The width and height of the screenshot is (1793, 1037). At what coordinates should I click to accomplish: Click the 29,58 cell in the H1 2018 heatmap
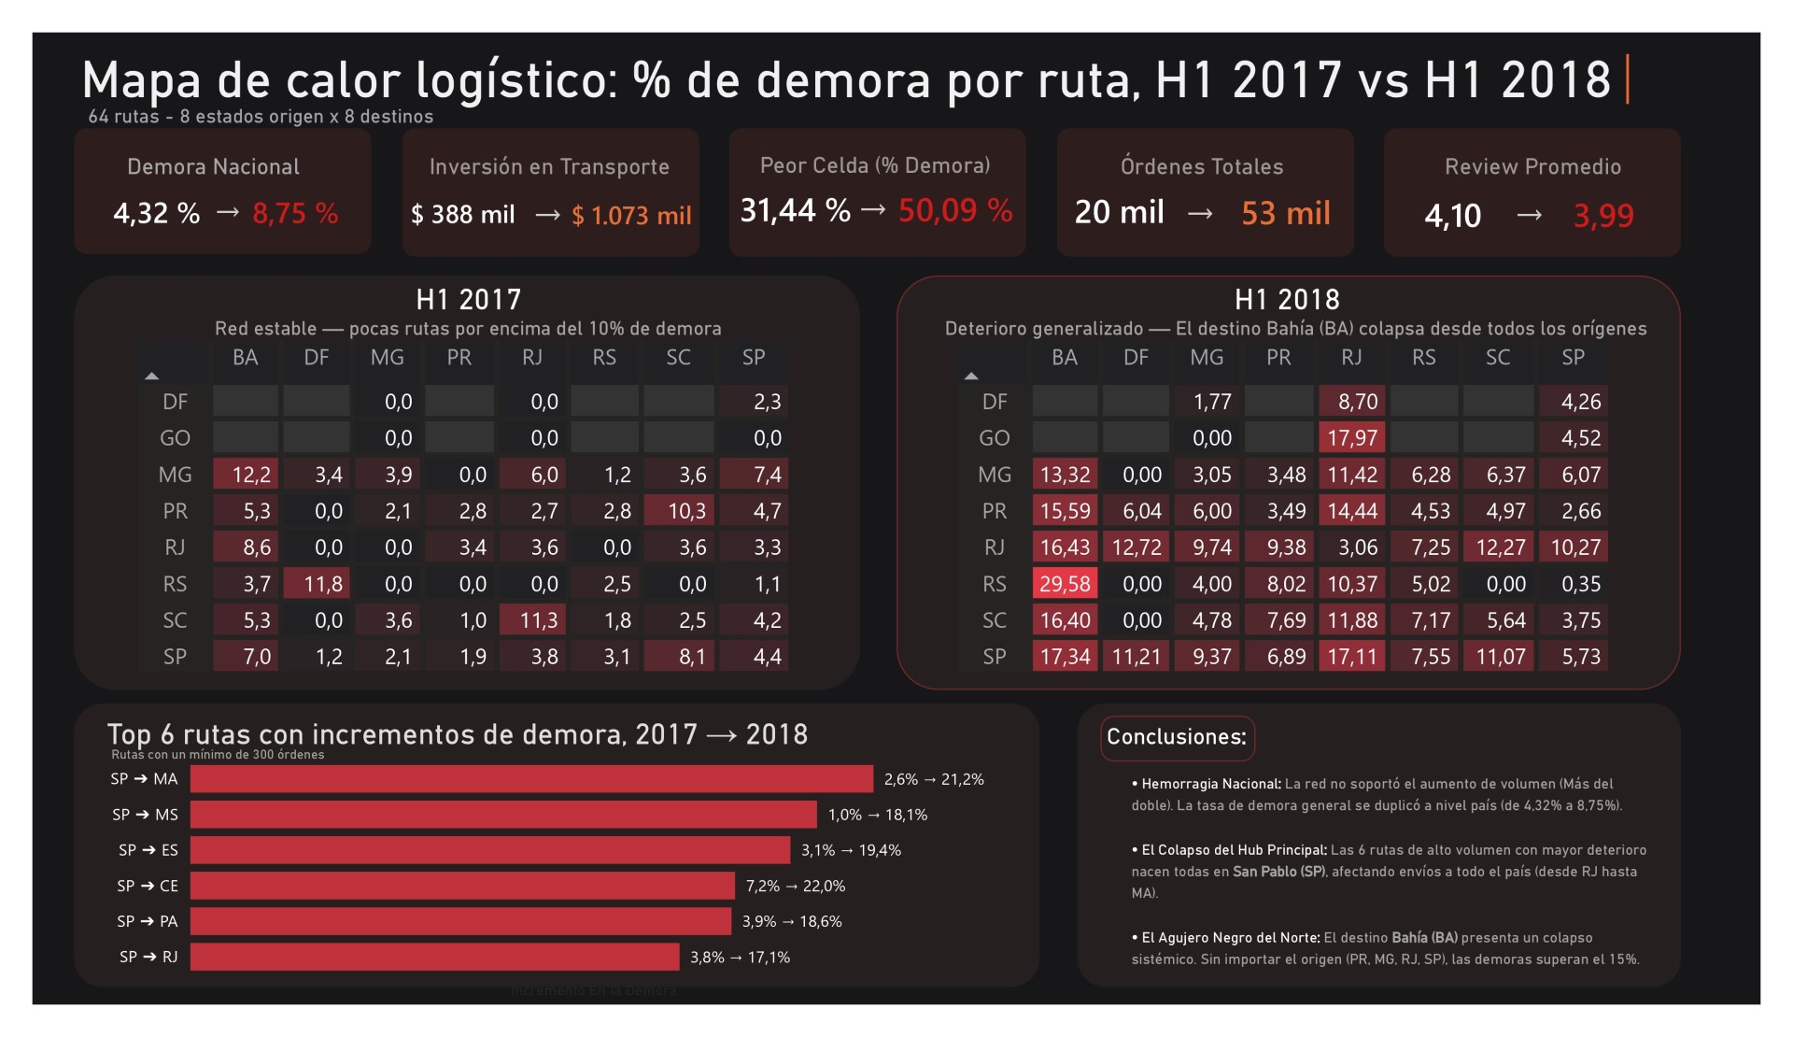1065,584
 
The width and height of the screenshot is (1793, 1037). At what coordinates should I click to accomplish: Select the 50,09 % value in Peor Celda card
955,210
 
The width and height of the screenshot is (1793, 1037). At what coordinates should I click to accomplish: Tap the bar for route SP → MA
531,779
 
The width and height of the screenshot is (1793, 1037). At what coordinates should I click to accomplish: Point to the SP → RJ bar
434,957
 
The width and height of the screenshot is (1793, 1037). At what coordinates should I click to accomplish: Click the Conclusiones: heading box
1177,737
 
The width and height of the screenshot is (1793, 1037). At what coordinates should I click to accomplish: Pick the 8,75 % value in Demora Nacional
295,214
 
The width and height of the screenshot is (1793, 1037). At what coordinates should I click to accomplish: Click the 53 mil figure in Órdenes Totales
1286,213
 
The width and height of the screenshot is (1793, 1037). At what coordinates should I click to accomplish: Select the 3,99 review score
1603,216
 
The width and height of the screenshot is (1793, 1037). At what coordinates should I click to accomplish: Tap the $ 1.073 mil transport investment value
631,216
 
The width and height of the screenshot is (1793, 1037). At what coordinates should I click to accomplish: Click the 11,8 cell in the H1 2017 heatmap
317,584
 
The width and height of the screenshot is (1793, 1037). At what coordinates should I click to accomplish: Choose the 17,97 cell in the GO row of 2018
1351,438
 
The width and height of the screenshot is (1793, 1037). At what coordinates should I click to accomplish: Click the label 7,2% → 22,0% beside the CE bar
795,886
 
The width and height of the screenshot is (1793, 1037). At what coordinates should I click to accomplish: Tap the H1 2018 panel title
1287,299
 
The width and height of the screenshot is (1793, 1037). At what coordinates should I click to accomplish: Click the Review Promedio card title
1532,167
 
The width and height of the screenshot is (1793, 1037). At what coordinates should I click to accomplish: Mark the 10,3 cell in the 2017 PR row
679,511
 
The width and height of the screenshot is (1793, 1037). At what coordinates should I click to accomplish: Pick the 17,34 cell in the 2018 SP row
1065,657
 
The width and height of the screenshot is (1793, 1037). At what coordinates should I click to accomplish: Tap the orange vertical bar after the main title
1628,79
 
